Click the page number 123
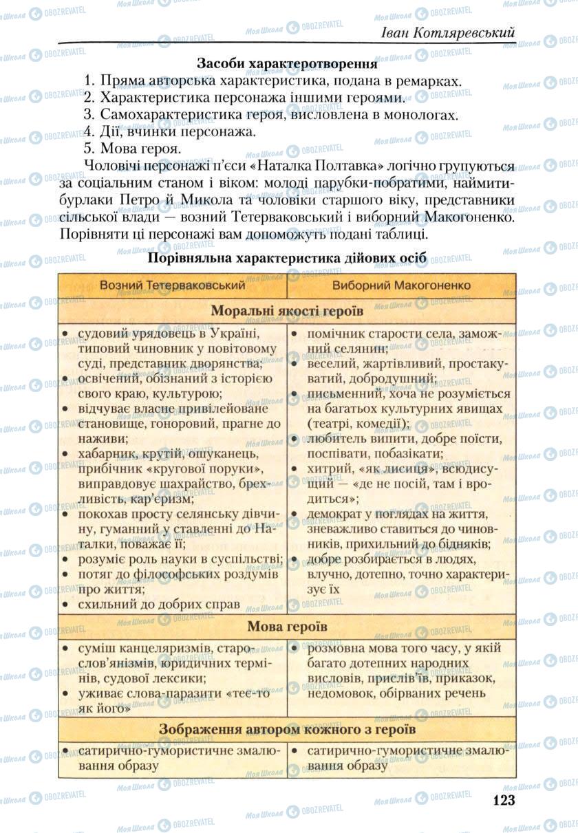tap(504, 800)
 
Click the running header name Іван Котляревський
tap(448, 32)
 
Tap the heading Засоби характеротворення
tap(287, 64)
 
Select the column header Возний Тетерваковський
tap(172, 285)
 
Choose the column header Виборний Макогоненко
tap(402, 285)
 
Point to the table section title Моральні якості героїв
tap(287, 310)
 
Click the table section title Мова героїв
tap(287, 627)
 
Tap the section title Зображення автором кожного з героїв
tap(287, 729)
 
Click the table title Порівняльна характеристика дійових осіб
tap(287, 258)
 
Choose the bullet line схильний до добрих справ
tap(159, 605)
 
